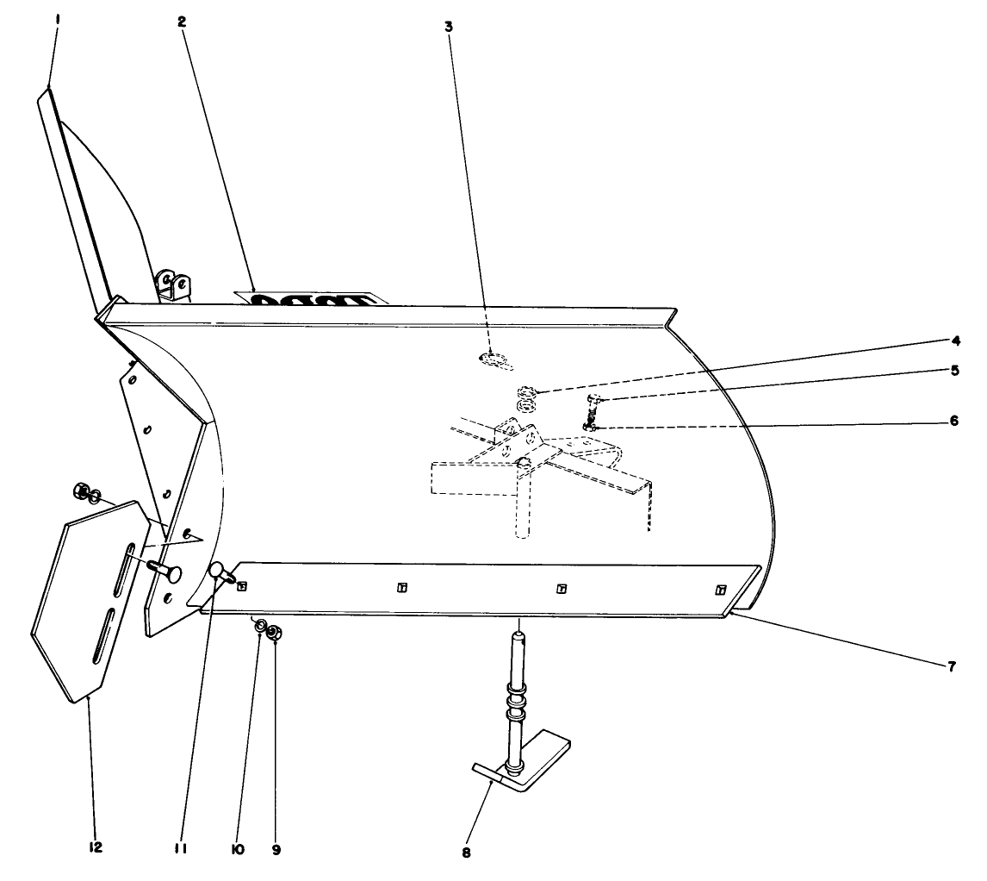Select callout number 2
point(182,22)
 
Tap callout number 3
point(449,26)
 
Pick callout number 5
point(953,370)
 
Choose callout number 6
point(953,423)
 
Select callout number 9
point(276,849)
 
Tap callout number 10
point(238,849)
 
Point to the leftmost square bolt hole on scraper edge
point(242,586)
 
